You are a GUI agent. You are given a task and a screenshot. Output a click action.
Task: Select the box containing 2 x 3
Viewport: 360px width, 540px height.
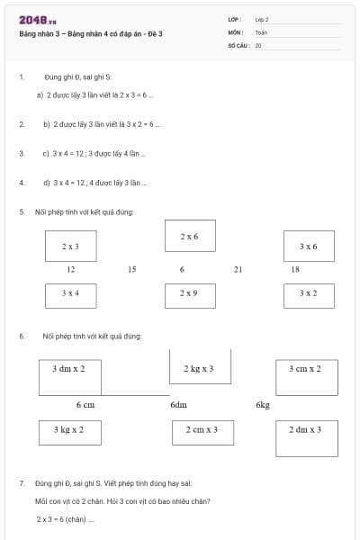point(70,246)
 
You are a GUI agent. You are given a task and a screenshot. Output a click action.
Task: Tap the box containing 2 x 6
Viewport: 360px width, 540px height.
point(190,236)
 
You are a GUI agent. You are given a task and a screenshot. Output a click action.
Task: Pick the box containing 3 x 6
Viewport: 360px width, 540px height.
point(308,246)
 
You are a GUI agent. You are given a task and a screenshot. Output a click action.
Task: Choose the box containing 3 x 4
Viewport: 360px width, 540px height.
point(70,293)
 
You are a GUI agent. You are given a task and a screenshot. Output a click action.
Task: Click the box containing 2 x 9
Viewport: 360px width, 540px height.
point(189,294)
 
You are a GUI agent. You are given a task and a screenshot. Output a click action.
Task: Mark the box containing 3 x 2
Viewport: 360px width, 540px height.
point(308,293)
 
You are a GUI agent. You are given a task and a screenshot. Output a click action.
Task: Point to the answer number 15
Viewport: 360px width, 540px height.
point(132,269)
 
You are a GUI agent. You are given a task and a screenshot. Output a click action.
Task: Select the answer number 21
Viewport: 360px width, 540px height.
point(238,269)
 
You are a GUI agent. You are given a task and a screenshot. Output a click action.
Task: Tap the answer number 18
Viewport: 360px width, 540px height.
point(295,269)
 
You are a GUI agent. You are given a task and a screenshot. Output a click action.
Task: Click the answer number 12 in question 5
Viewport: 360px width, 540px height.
point(71,269)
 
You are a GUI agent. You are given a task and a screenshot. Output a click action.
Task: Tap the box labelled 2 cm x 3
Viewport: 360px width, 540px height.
point(202,431)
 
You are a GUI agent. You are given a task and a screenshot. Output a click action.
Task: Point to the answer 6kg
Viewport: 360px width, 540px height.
point(263,405)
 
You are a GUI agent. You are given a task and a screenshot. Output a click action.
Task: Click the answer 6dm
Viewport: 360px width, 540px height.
point(178,405)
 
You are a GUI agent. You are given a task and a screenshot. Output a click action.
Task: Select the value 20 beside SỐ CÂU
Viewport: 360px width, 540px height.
point(258,43)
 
